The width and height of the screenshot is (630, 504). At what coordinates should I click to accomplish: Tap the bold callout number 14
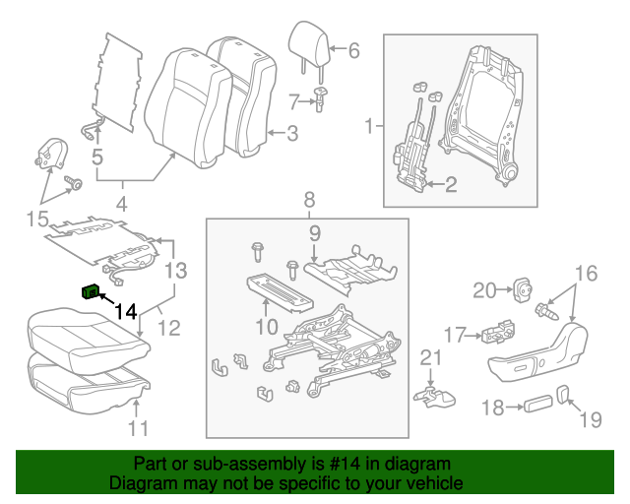coord(125,312)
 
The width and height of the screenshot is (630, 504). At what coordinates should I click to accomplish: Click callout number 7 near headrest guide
coord(293,99)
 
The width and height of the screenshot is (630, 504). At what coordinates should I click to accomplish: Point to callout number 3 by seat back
coord(291,134)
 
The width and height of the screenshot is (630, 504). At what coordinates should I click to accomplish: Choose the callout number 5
coord(97,156)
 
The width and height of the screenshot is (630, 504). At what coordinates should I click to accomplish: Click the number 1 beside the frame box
coord(370,126)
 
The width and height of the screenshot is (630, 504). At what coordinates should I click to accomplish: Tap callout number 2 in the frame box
coord(451,183)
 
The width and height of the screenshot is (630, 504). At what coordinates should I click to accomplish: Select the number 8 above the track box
coord(308,199)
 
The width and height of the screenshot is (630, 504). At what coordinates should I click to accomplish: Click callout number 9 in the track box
coord(315,233)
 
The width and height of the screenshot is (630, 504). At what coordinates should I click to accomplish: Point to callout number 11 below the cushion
coord(139,427)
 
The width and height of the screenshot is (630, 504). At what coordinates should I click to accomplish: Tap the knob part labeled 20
coord(522,288)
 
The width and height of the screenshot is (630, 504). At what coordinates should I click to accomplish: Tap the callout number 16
coord(587,273)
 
